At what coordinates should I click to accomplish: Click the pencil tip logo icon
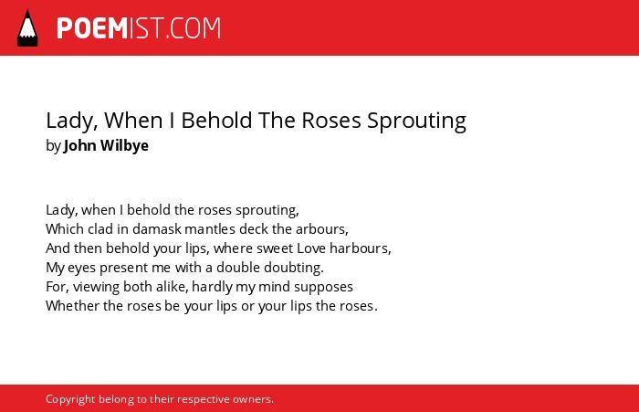click(27, 28)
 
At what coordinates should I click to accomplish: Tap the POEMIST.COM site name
click(139, 28)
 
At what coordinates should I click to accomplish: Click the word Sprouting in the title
click(416, 121)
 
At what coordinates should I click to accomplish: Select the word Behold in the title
click(216, 121)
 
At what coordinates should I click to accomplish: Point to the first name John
click(80, 145)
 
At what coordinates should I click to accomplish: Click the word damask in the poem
click(156, 229)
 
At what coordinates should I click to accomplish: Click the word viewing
click(96, 287)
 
